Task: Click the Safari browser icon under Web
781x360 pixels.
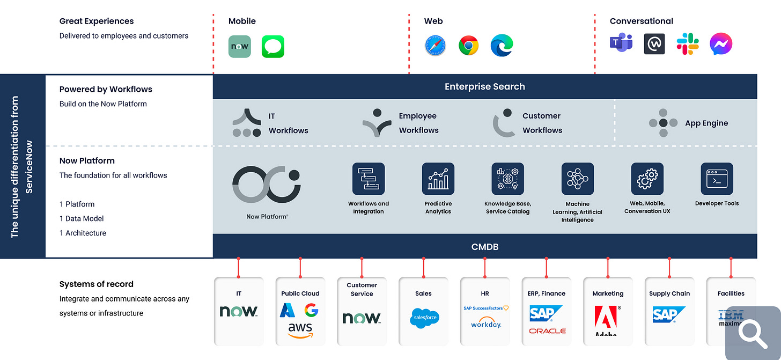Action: coord(435,46)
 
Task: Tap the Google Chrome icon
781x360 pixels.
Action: coord(468,46)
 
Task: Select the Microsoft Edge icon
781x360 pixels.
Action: coord(502,46)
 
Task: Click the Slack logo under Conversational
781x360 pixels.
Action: coord(688,44)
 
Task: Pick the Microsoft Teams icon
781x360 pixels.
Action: coord(621,43)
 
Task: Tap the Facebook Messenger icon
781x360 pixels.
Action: coord(720,44)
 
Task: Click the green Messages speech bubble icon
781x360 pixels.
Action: coord(273,47)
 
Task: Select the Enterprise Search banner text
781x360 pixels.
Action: coord(484,86)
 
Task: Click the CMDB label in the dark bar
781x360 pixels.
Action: coord(484,247)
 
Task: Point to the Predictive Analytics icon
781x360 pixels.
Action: coord(438,179)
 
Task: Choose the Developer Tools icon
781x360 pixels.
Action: coord(717,179)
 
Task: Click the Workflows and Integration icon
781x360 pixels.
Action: coord(369,179)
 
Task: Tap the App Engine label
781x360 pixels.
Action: coord(706,123)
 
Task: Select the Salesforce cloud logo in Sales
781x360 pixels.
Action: coord(424,318)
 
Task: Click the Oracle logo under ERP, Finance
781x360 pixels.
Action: coord(547,331)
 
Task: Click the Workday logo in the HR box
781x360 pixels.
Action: coord(485,324)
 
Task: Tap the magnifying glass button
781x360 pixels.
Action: coord(753,333)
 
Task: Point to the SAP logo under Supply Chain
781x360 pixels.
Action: coord(669,314)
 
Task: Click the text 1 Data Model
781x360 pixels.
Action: coord(82,218)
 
